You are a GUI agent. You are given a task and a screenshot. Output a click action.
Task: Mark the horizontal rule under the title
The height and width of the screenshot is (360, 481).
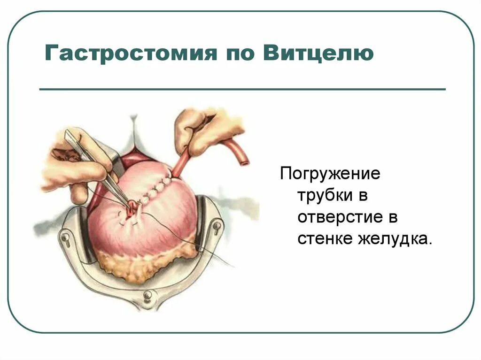[242, 89]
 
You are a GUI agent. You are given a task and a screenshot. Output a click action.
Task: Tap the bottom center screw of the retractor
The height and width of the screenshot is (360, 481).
[148, 295]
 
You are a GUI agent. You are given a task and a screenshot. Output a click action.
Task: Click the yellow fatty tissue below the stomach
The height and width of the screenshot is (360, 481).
[141, 265]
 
